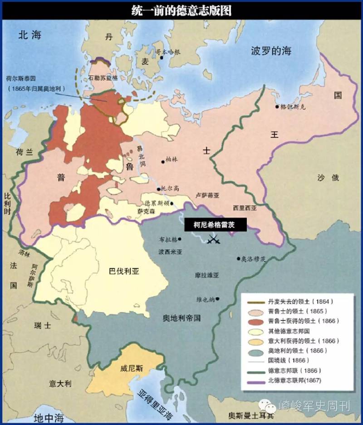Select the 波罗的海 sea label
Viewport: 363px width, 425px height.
(x=271, y=51)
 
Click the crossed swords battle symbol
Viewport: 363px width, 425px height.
(x=213, y=239)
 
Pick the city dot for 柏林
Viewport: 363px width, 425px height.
(x=163, y=161)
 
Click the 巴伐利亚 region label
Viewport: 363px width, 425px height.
(x=124, y=272)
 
